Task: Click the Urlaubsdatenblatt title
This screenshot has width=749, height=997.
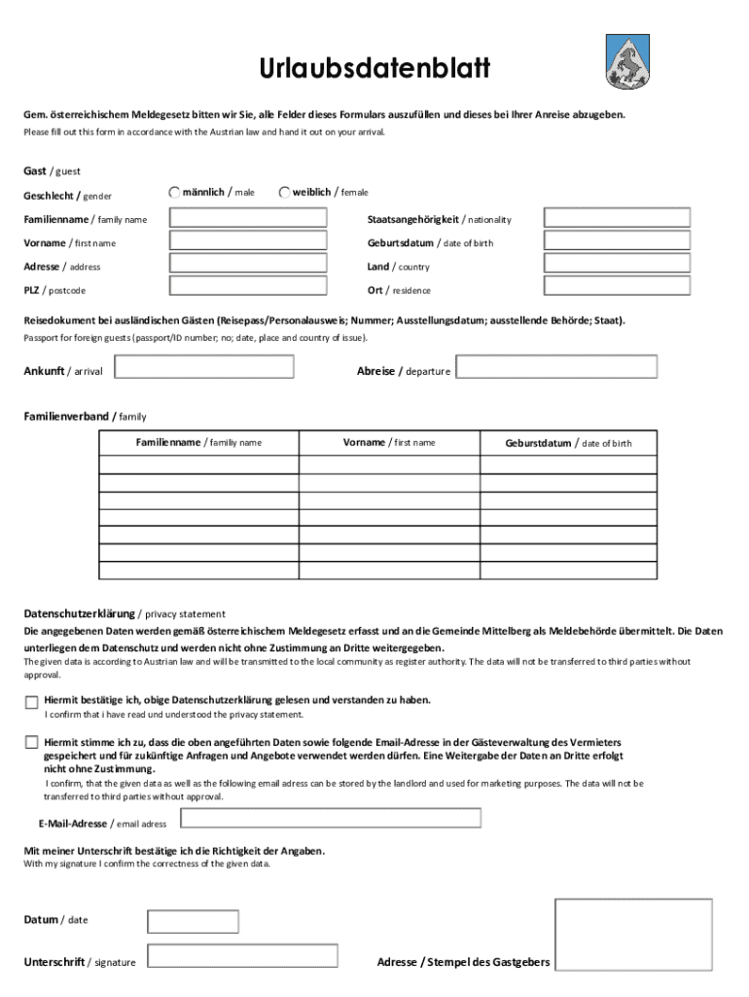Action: (x=374, y=69)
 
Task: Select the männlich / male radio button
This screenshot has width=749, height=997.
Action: (x=174, y=193)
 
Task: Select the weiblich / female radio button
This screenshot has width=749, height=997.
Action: (x=284, y=193)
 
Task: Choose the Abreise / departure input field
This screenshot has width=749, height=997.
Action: (x=557, y=367)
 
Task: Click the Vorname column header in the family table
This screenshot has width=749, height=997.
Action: (x=389, y=443)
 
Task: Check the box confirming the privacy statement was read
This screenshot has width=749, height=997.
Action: (x=32, y=702)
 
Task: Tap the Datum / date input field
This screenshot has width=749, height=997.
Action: (x=193, y=921)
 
